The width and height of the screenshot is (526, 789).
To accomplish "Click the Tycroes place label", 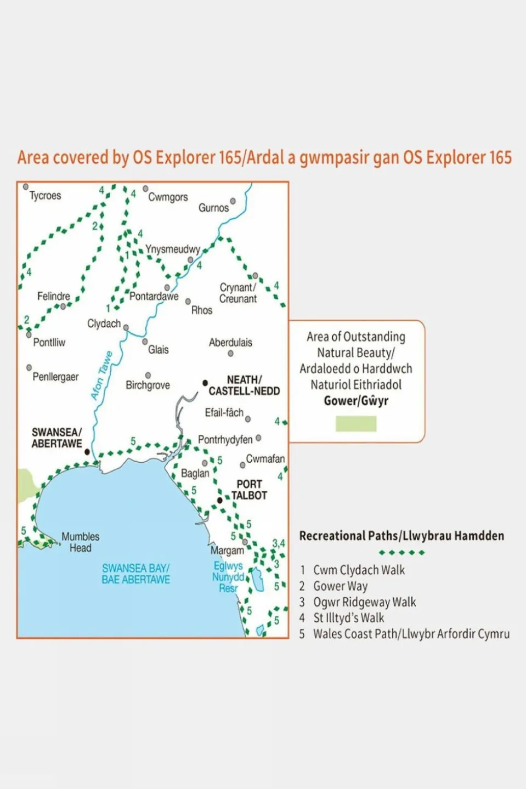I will pos(45,196).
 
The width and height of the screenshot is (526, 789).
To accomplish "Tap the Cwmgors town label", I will pos(168,197).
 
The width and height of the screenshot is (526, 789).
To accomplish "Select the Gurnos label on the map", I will pos(213,208).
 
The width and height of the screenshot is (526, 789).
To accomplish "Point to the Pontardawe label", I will pos(154,297).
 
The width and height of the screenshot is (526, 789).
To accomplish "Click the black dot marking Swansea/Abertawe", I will pos(87,452).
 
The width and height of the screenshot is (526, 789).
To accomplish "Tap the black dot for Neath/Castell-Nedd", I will pos(205,383).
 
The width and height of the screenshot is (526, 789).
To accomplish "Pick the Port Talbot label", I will pos(249,490).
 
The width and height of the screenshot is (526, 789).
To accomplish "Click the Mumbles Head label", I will pos(80,542).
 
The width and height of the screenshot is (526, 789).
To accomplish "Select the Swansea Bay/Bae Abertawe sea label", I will pos(135,574).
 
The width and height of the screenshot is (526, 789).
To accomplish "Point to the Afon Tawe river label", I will pos(101,376).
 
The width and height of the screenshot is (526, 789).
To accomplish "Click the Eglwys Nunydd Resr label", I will pos(228,577).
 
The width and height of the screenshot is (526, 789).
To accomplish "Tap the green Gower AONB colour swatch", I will pos(356,424).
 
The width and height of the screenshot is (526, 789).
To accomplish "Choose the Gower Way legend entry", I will pos(340,586).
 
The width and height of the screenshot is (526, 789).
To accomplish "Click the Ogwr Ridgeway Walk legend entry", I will pos(364,602).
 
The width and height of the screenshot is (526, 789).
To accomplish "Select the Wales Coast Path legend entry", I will pos(411,634).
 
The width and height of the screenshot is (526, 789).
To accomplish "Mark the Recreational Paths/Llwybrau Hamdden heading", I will pos(401,536).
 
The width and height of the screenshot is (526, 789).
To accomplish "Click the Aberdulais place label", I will pos(230,343).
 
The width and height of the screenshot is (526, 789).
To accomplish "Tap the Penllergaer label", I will pos(55,377).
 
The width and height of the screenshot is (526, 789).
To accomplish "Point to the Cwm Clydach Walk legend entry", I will pos(359,570).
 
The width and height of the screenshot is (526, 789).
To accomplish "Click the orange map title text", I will pos(264,158).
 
